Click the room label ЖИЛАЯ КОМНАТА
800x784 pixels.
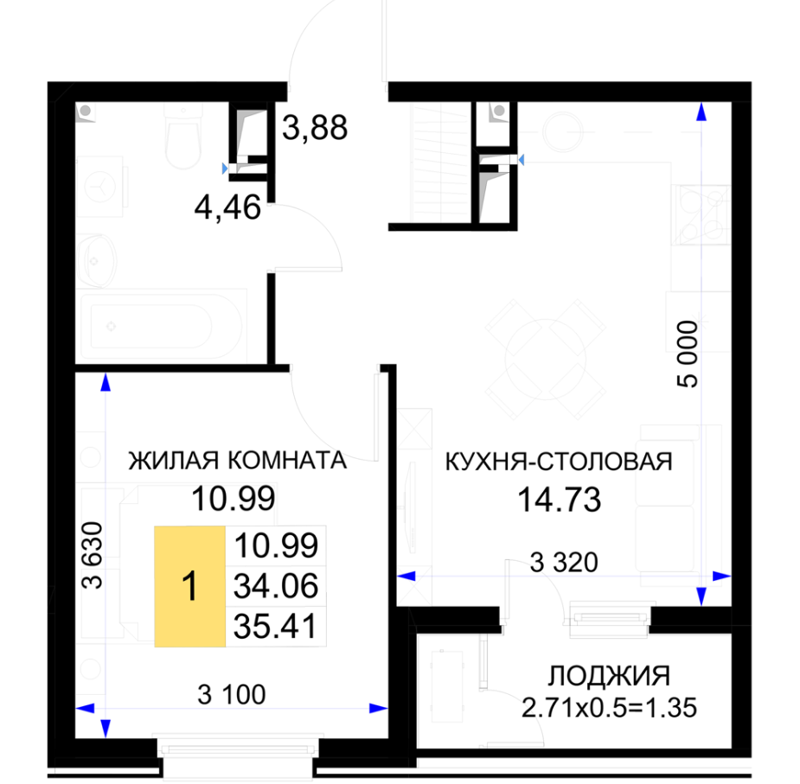pos(237,461)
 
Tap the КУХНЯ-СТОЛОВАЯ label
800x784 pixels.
pos(560,462)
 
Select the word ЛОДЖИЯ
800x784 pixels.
pos(609,676)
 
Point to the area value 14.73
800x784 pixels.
pos(560,500)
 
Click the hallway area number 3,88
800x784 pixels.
pos(315,128)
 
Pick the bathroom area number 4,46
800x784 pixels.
pos(227,207)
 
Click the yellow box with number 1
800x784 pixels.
pos(189,587)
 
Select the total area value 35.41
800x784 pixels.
pos(276,627)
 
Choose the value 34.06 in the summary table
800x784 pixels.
pos(276,586)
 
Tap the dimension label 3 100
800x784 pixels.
pos(232,695)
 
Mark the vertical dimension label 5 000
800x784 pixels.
pos(688,354)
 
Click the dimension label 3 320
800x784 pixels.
pos(564,563)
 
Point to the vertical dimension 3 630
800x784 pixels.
pos(93,556)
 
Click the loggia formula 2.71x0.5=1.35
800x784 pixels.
pos(609,708)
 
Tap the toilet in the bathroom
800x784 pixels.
pos(183,137)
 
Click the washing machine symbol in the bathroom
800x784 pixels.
pos(100,187)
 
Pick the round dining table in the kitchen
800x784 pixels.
pos(546,359)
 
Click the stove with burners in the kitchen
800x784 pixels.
pos(701,214)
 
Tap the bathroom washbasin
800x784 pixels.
pos(97,261)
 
